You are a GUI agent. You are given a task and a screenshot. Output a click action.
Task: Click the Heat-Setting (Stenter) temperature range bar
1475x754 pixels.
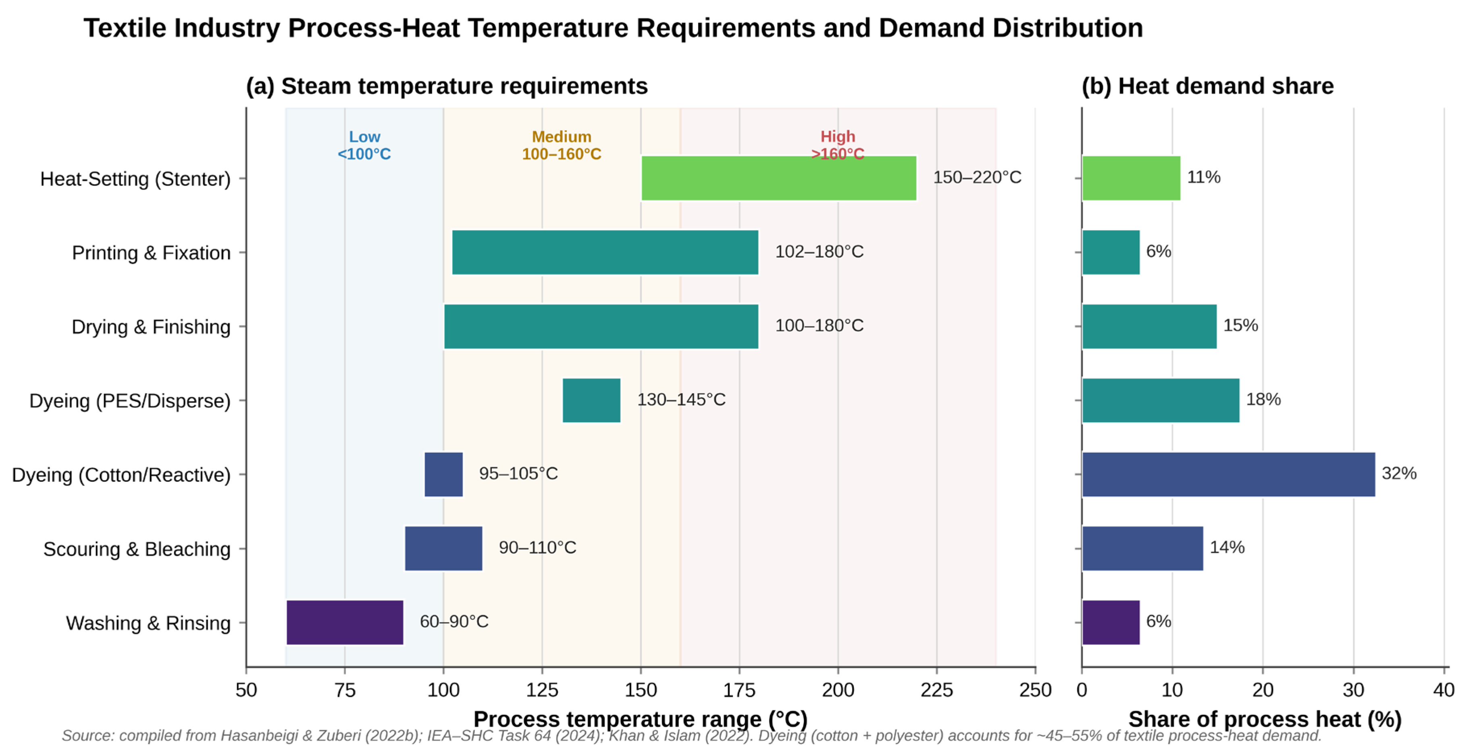point(779,178)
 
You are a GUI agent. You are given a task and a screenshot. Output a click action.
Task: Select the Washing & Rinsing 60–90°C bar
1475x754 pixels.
point(345,622)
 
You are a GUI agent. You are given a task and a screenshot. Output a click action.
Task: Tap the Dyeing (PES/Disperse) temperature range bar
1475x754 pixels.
point(591,400)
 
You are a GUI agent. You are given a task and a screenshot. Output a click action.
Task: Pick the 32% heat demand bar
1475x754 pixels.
point(1228,474)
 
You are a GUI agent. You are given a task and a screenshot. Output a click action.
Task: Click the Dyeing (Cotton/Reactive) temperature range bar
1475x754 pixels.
point(444,474)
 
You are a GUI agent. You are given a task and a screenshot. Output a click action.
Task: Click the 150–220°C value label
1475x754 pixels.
point(977,177)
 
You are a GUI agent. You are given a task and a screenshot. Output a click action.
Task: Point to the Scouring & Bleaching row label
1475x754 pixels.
point(137,549)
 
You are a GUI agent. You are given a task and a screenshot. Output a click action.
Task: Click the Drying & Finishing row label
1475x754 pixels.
point(151,327)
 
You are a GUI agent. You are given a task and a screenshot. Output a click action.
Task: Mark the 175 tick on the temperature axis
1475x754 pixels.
point(739,690)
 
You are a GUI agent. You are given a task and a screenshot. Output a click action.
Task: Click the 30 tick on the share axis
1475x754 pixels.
point(1354,690)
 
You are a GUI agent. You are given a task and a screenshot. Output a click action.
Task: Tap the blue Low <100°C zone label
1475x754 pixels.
point(364,146)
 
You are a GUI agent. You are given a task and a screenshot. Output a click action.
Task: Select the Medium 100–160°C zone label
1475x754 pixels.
point(562,146)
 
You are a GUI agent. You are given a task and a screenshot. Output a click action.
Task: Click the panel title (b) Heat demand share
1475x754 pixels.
point(1208,86)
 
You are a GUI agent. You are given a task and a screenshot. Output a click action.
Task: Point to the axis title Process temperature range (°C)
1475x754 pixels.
point(640,719)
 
